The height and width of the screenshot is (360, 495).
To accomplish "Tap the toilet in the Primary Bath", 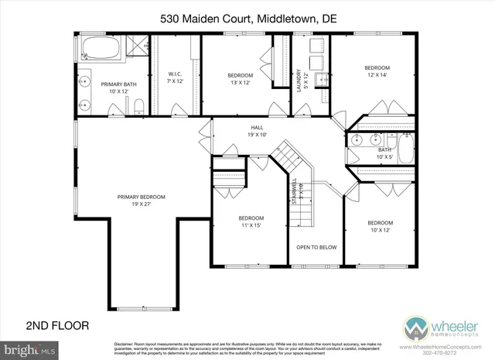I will click(x=136, y=105).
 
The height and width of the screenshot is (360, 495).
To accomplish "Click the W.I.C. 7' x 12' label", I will click(x=176, y=77).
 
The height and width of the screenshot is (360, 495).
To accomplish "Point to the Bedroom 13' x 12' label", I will click(x=239, y=78).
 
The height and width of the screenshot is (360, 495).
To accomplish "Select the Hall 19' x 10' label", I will click(x=258, y=131).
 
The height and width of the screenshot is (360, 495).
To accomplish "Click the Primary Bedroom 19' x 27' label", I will click(x=142, y=200).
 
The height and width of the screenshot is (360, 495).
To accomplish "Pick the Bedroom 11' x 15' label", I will click(x=251, y=221).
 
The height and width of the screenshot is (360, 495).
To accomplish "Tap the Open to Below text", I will click(x=316, y=247).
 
